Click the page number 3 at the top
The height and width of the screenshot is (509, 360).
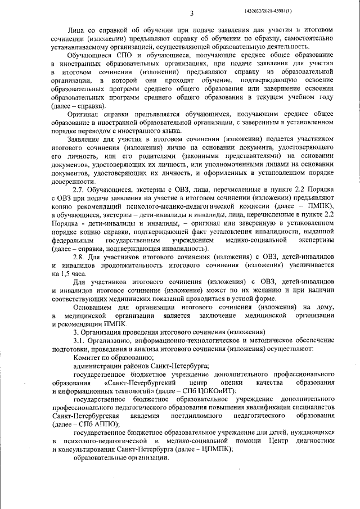coord(192,14)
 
